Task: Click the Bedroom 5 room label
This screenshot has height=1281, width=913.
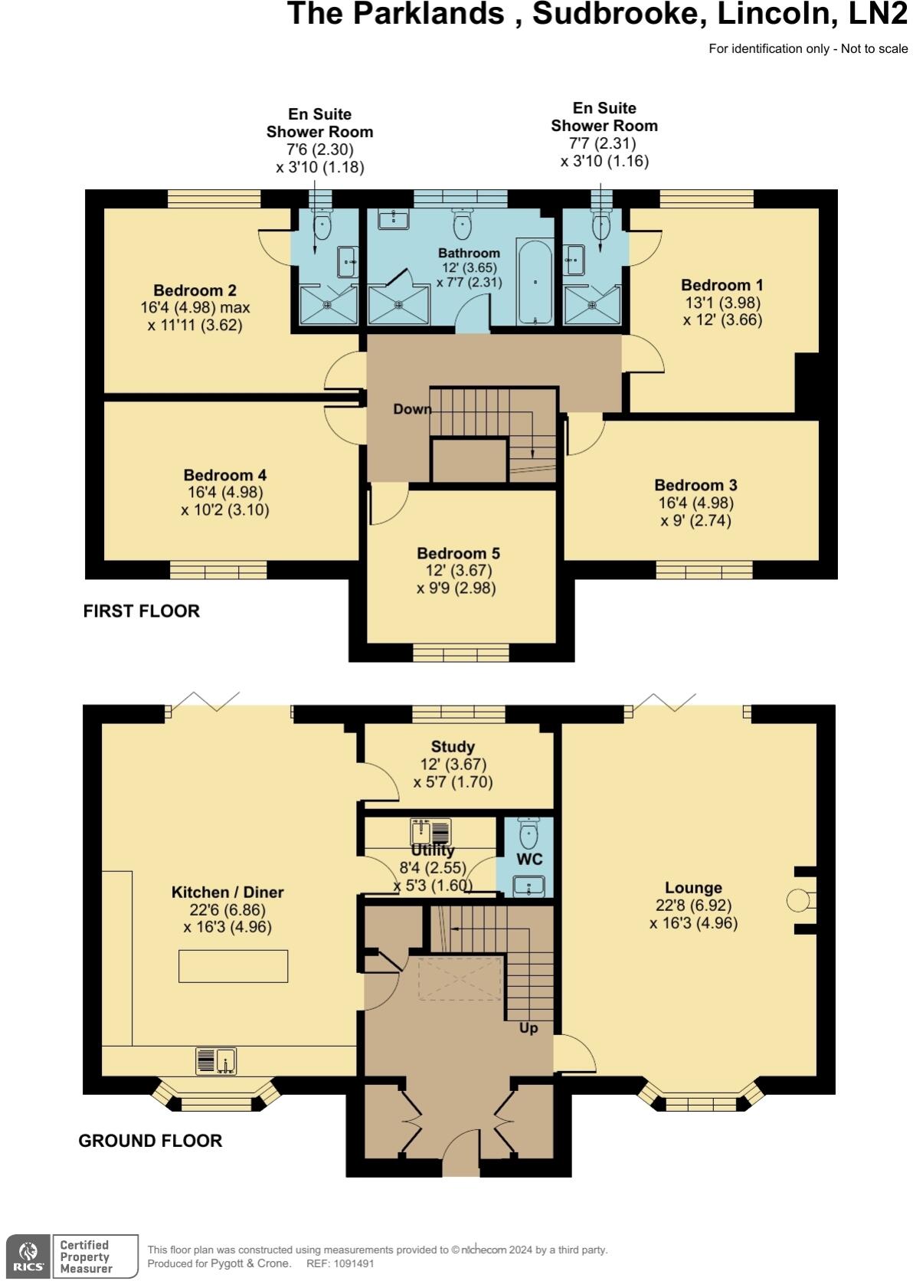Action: tap(458, 553)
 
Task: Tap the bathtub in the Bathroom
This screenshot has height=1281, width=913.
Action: tap(535, 282)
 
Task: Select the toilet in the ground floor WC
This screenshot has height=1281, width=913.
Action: tap(528, 833)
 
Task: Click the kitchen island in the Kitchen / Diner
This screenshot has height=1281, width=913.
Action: tap(233, 965)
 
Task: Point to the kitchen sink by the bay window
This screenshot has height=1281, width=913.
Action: tap(216, 1061)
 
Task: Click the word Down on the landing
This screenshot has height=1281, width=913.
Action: tap(412, 409)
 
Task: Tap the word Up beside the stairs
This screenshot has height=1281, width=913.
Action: tap(528, 1028)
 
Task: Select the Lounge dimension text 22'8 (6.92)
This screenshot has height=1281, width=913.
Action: tap(693, 906)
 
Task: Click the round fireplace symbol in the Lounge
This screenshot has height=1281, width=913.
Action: tap(799, 900)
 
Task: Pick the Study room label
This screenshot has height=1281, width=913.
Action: tap(453, 746)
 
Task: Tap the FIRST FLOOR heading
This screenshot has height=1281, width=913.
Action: tap(142, 611)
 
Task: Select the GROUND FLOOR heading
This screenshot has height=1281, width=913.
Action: tap(150, 1141)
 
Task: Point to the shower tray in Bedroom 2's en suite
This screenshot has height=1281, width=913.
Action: tap(327, 304)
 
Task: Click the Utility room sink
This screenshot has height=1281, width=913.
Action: tap(431, 831)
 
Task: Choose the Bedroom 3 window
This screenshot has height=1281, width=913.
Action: tap(704, 570)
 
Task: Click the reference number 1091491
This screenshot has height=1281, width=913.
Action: tap(351, 1263)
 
